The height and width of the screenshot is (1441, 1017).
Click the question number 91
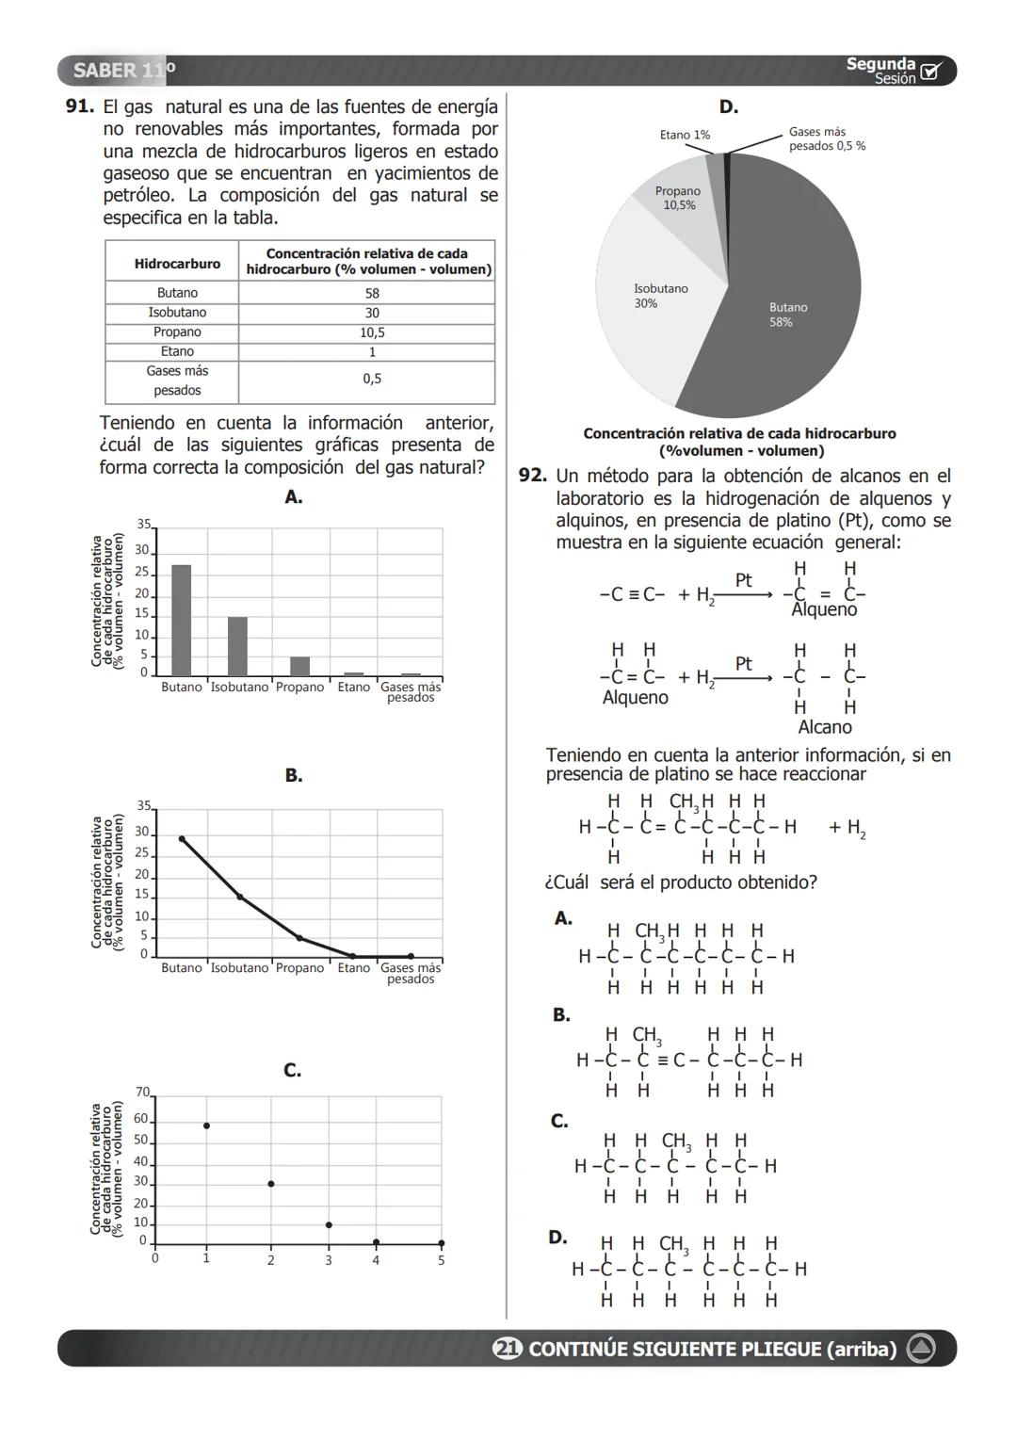(79, 107)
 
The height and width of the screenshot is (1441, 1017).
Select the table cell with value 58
(372, 293)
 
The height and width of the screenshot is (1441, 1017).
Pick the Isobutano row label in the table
(177, 313)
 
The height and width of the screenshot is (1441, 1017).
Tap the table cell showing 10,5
(372, 332)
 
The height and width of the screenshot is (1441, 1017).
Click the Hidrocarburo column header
(177, 264)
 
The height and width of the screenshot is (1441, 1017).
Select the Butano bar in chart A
(181, 620)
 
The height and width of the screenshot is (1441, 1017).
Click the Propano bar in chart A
(299, 666)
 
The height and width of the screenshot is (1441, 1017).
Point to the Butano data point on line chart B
(182, 838)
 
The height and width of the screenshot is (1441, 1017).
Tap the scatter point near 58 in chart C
(206, 1125)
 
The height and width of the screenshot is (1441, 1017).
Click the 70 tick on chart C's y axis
(142, 1093)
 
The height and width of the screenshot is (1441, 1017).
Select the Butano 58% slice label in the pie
(787, 315)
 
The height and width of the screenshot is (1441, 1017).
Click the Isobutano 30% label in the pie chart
(660, 296)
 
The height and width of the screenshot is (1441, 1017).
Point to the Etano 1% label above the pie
(685, 135)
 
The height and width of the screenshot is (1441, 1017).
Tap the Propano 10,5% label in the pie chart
(677, 198)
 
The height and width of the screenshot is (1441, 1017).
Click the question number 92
(532, 477)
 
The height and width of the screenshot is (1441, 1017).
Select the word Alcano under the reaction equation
(824, 727)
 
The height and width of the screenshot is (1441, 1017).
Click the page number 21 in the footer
(507, 1349)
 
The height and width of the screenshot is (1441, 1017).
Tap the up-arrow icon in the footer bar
(920, 1349)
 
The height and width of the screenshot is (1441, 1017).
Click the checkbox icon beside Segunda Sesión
(930, 72)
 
